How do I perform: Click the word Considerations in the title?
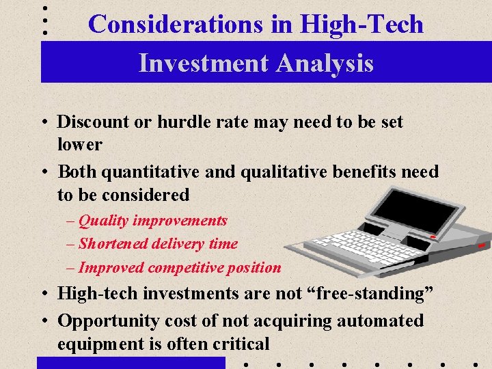175,25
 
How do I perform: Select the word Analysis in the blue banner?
327,63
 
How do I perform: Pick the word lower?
79,145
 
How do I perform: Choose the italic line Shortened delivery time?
158,244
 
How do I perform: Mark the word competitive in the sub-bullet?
189,268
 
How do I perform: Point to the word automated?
380,321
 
